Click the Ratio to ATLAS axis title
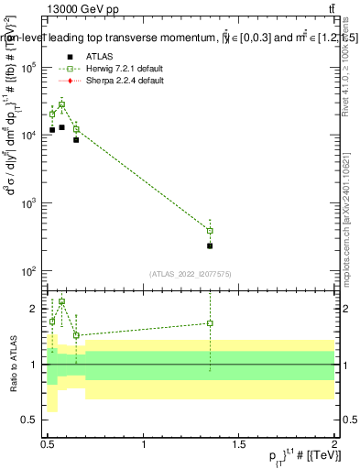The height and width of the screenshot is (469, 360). click(12, 364)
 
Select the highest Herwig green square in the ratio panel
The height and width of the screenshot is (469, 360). click(61, 301)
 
